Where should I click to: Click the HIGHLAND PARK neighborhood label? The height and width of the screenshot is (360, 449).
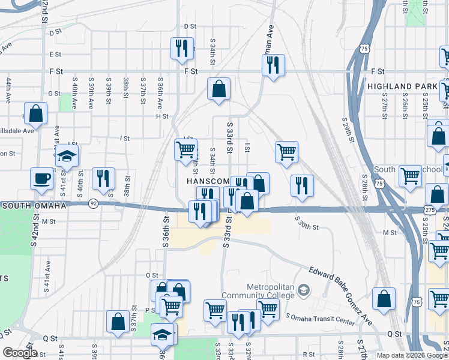point(402,87)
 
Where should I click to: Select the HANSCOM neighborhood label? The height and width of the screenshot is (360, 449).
point(208,181)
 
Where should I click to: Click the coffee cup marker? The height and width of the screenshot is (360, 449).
point(42,178)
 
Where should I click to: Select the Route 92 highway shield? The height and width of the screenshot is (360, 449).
point(94,203)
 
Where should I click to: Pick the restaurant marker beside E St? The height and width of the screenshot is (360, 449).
point(182,48)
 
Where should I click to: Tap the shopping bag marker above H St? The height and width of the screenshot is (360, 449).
point(219,89)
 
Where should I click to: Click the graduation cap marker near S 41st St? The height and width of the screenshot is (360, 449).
point(67,156)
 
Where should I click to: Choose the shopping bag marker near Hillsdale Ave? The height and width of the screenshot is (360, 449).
point(36,114)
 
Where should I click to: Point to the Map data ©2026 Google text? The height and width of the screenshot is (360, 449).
point(411,355)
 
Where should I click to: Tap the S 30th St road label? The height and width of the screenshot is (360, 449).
point(306,226)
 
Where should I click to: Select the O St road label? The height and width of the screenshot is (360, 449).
point(151,275)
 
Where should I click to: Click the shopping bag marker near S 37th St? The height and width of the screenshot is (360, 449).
point(118,321)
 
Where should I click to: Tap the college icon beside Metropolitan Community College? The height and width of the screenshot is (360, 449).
point(304,291)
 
